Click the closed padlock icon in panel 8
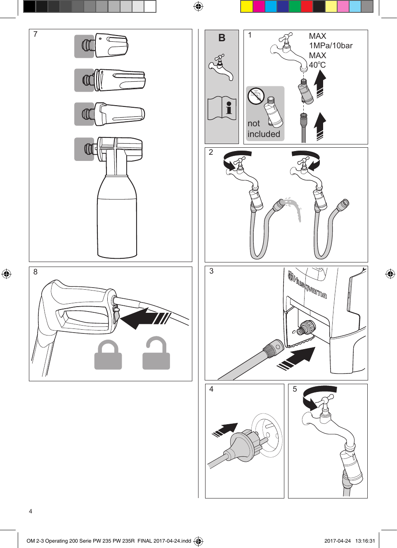point(108,355)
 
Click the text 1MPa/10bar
point(331,46)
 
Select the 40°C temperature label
point(317,65)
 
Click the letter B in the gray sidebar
point(222,38)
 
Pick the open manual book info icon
point(222,108)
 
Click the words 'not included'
point(264,129)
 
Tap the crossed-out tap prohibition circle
point(256,96)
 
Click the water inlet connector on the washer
point(307,327)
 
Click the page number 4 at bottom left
point(31,511)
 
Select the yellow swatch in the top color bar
point(246,7)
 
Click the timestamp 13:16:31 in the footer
point(365,541)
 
